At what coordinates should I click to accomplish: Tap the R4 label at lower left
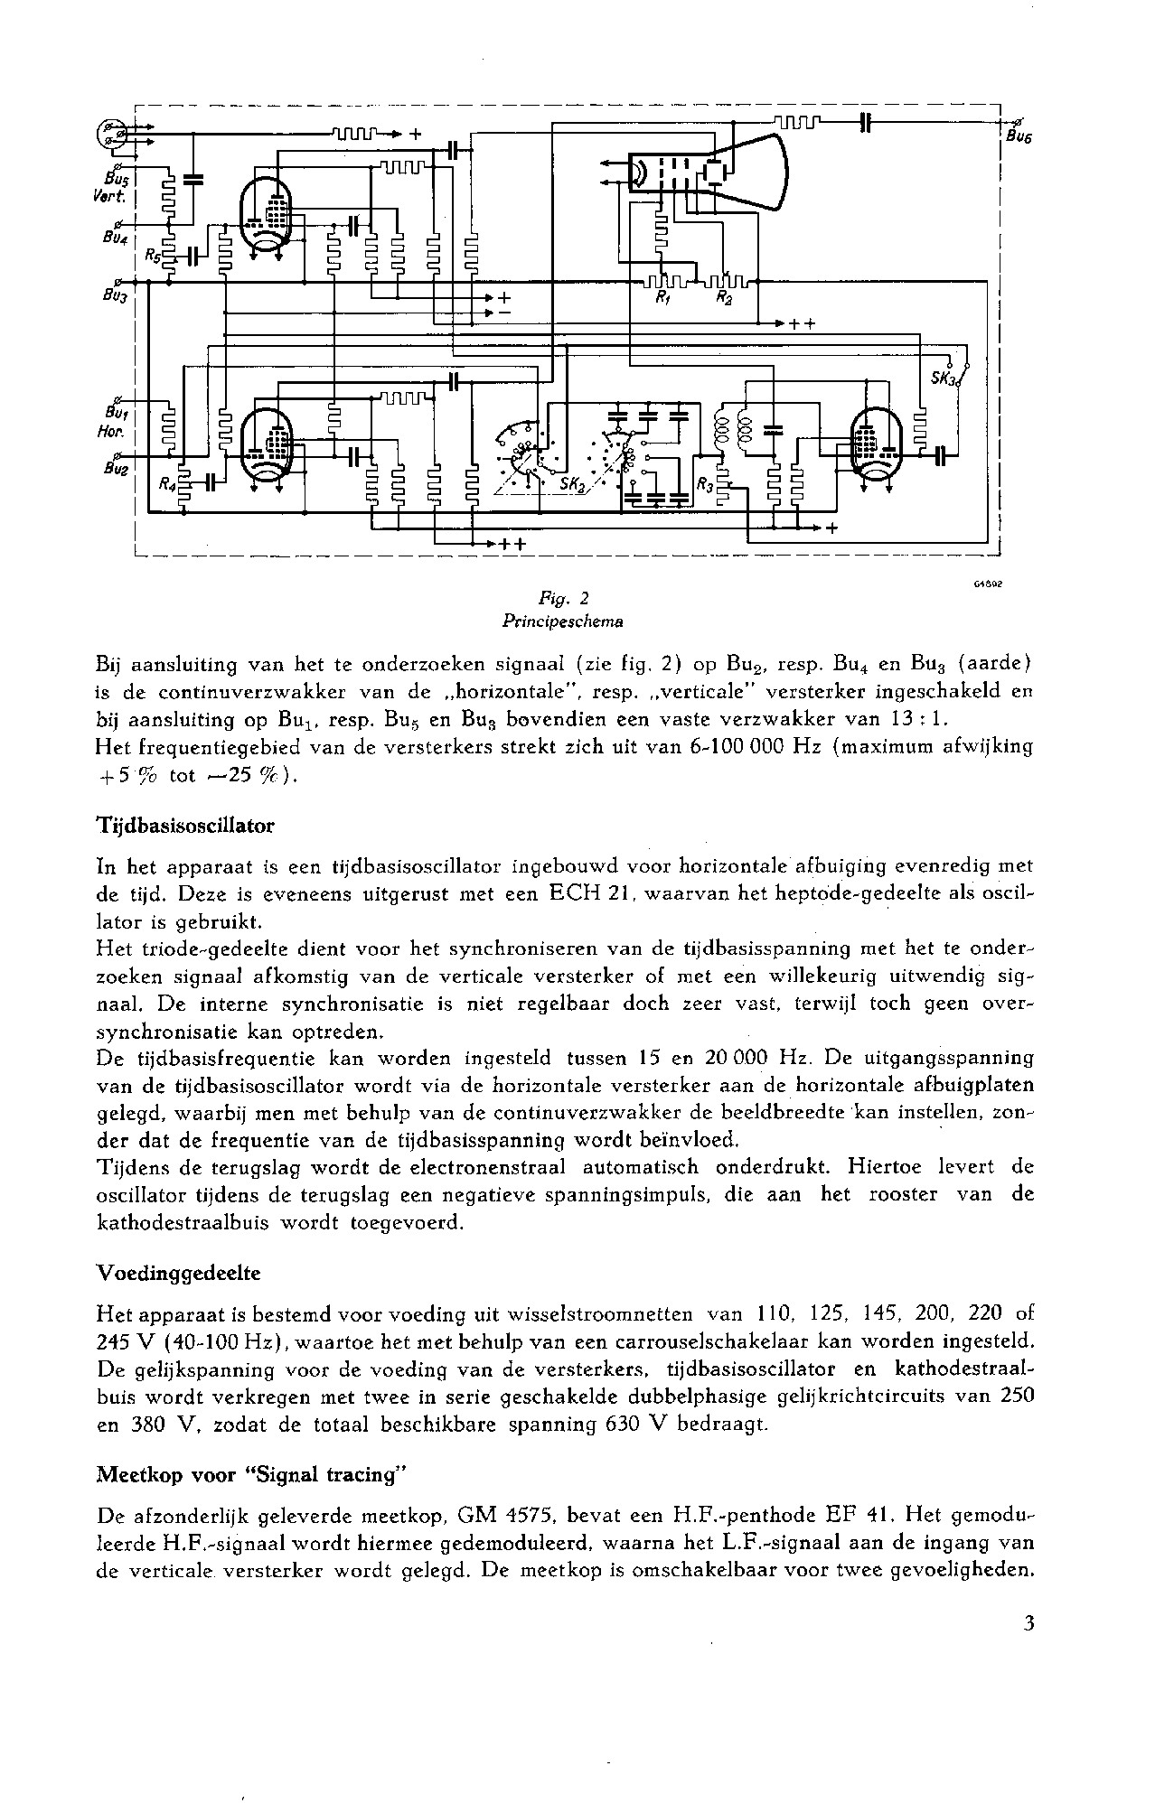click(x=168, y=484)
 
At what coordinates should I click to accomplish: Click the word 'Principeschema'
click(x=564, y=621)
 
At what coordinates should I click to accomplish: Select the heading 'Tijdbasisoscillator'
click(x=185, y=826)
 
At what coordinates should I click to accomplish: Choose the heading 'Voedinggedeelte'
click(x=178, y=1274)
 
